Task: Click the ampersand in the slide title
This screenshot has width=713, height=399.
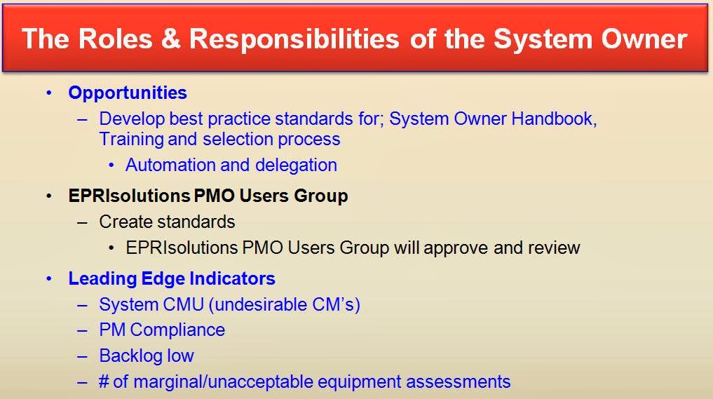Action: (x=170, y=38)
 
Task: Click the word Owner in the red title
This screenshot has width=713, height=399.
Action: (x=644, y=38)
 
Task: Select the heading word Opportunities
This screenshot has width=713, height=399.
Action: (x=128, y=93)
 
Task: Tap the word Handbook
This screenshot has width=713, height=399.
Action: (x=554, y=119)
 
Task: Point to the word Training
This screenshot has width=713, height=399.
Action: (x=131, y=140)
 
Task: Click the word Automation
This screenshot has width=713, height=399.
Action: (x=170, y=165)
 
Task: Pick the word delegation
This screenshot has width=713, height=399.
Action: (x=296, y=165)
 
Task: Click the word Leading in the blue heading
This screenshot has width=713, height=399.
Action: (x=102, y=279)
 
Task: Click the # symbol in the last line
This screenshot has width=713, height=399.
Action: (x=104, y=381)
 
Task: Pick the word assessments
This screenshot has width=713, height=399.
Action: (x=458, y=382)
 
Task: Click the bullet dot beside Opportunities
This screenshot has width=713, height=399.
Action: (x=49, y=93)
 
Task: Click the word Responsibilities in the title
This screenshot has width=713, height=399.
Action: (x=294, y=38)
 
